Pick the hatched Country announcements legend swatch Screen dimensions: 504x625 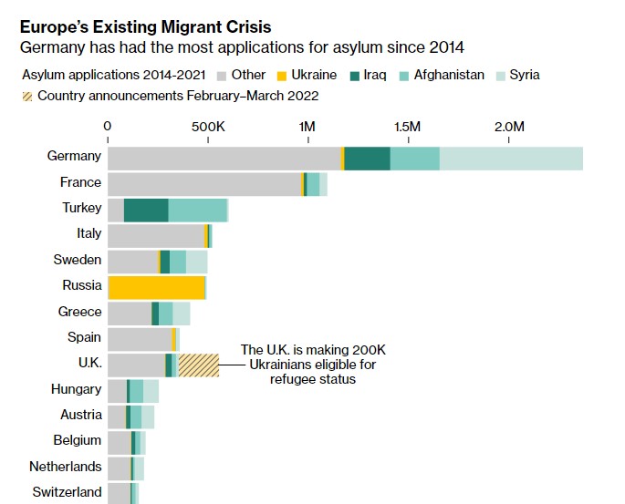(x=27, y=96)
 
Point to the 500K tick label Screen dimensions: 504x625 (x=208, y=126)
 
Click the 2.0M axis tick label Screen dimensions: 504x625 (x=509, y=126)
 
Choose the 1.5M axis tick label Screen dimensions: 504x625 (x=408, y=126)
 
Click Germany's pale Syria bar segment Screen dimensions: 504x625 (x=511, y=158)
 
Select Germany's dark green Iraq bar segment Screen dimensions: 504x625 (x=367, y=158)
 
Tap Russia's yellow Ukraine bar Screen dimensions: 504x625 (x=156, y=288)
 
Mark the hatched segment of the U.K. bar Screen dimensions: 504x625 (x=198, y=365)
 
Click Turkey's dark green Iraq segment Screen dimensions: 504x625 (x=146, y=211)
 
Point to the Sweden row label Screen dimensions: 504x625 (x=78, y=260)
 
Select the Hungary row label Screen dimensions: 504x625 (x=76, y=389)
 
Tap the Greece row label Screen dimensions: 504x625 (x=79, y=312)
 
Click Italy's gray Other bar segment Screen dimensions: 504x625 (x=155, y=236)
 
